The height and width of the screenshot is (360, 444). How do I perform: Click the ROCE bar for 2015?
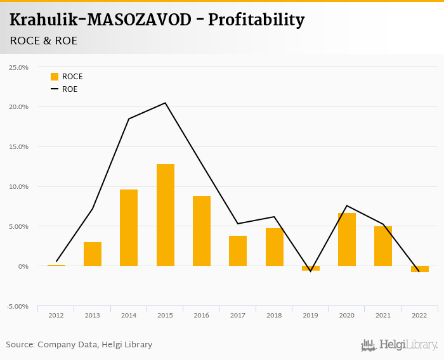(165, 215)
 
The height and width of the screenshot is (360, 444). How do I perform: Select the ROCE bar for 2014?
(129, 228)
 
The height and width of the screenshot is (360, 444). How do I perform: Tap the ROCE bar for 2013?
(93, 254)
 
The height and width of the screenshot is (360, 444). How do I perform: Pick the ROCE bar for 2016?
(202, 231)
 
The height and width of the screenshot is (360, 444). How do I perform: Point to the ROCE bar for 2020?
(347, 240)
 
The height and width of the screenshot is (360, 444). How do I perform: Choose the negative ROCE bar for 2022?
(419, 269)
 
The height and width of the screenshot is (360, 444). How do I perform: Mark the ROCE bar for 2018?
(275, 247)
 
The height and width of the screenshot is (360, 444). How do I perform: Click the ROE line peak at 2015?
(165, 103)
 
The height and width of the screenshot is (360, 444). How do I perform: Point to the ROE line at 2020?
(347, 206)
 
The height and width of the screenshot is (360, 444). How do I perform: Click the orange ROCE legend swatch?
(55, 77)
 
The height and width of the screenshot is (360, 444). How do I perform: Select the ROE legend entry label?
(70, 89)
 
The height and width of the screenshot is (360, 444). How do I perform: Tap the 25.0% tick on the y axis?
(18, 67)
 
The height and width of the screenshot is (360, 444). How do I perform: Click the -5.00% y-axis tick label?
(18, 307)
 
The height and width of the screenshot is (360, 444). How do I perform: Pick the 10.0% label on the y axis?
(18, 187)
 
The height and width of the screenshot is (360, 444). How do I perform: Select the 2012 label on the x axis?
(56, 315)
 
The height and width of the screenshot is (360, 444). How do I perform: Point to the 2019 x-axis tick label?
(310, 315)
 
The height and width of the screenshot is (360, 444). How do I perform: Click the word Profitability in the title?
(256, 20)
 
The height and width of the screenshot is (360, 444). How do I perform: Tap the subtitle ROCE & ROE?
(44, 41)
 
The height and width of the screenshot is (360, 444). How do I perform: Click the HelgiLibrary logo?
(399, 345)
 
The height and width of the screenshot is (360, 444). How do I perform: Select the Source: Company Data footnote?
(79, 345)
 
